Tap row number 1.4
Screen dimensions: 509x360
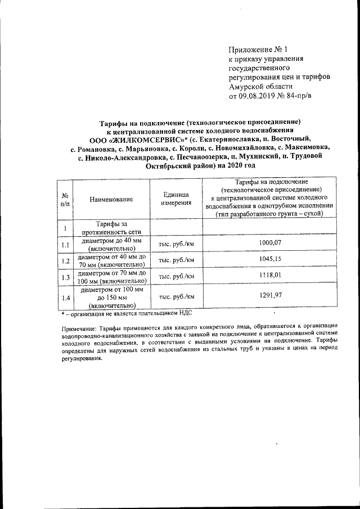[x=65, y=296]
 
